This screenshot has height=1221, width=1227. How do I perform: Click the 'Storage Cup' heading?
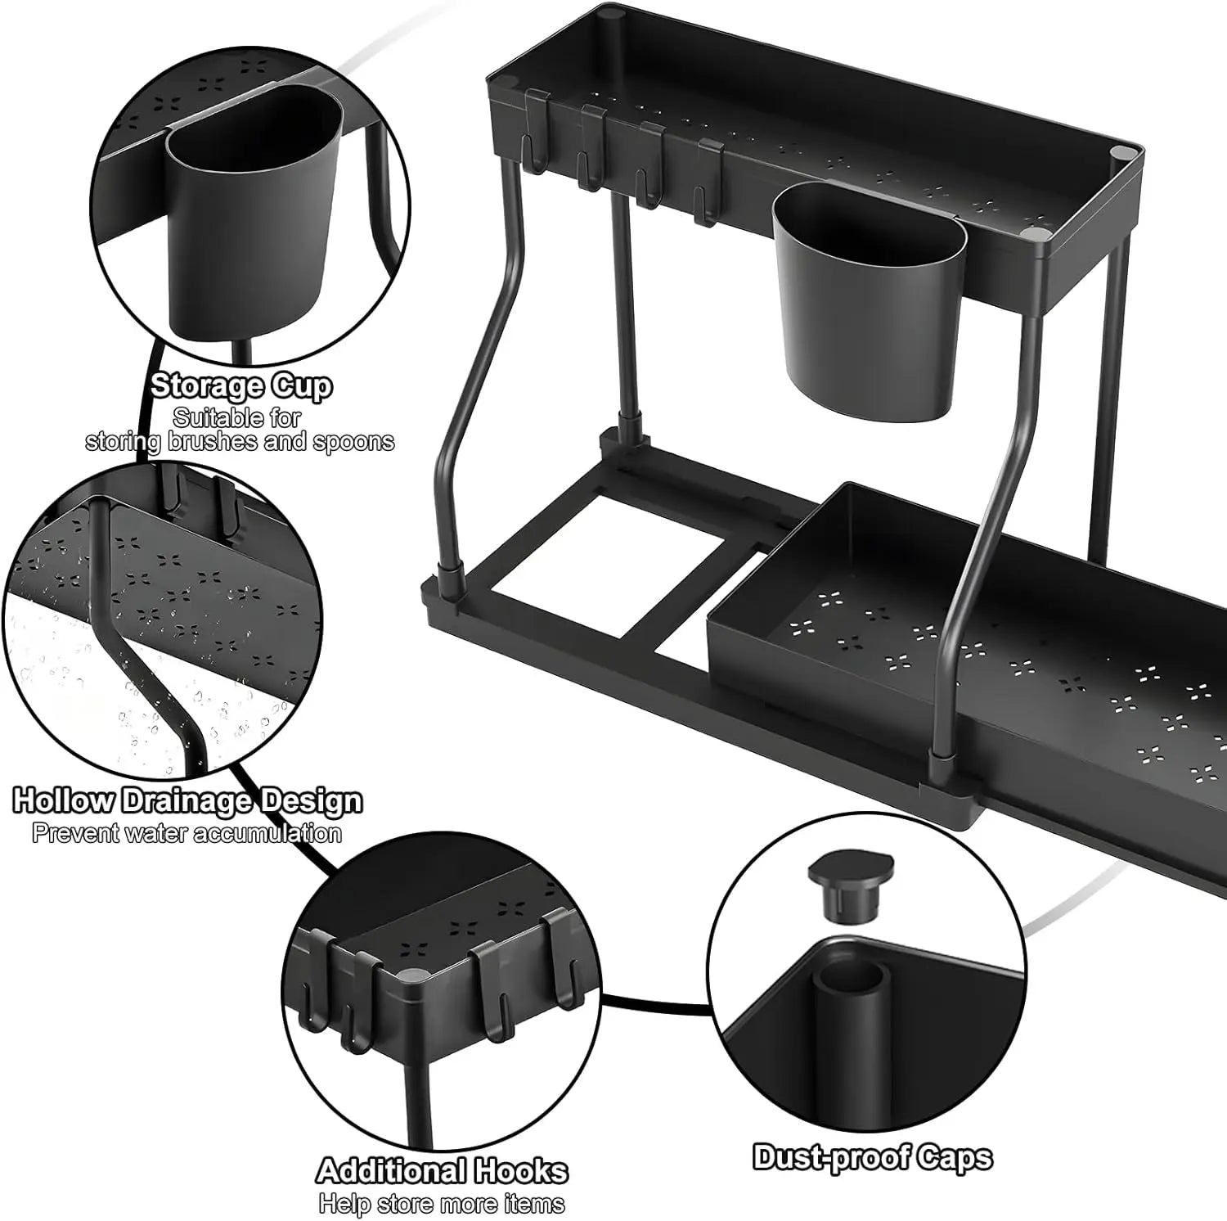pos(241,385)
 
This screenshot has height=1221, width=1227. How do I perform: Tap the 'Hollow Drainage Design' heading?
pos(187,800)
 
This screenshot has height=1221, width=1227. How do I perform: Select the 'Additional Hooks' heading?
pos(442,1170)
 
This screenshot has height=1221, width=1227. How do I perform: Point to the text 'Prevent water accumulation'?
pos(187,833)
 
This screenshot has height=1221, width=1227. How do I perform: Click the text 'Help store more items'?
pos(442,1203)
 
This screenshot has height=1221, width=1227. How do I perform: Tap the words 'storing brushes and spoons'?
pos(240,441)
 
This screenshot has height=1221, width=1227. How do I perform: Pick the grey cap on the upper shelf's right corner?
pos(1119,154)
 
